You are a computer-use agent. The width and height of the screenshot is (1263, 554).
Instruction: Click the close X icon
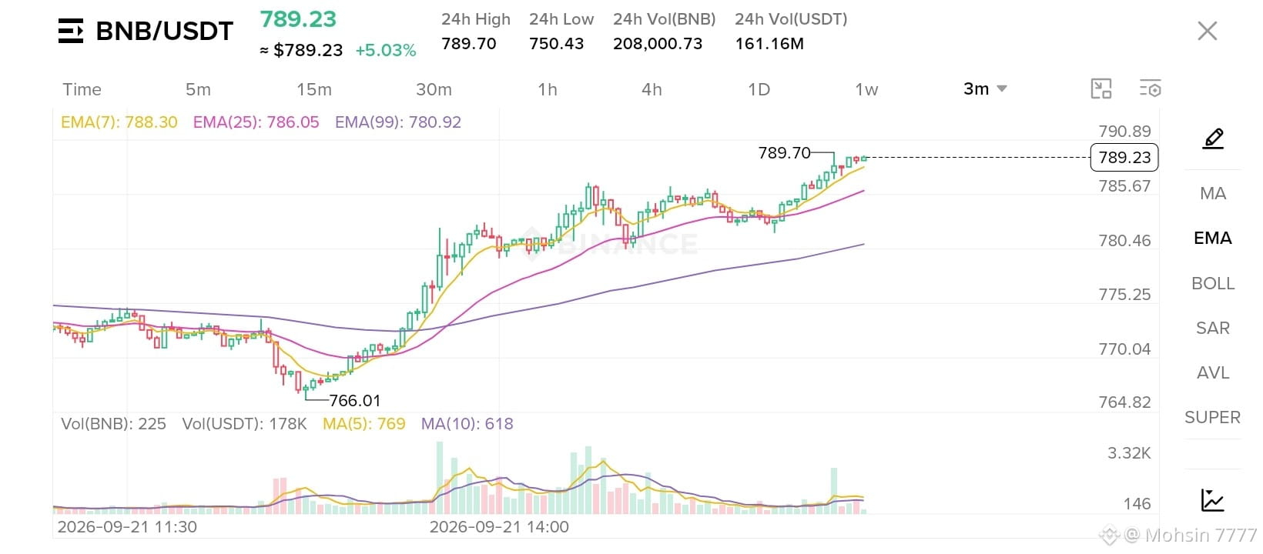click(x=1208, y=31)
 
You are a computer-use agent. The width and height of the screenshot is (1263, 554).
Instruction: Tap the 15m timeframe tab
click(x=314, y=89)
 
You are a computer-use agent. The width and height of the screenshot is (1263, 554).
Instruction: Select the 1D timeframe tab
click(x=759, y=89)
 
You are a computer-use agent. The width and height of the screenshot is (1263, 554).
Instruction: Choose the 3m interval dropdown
click(x=984, y=89)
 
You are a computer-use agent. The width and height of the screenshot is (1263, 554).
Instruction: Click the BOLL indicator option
click(x=1213, y=283)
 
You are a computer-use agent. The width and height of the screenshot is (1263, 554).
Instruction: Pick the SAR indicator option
click(x=1213, y=328)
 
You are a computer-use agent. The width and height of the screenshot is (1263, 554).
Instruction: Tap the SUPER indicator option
click(x=1212, y=418)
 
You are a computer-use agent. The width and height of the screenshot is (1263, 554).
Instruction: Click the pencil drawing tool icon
click(x=1213, y=138)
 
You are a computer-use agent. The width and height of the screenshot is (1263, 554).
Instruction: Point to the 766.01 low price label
click(x=355, y=401)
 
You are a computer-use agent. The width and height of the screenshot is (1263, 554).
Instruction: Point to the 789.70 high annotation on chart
click(x=784, y=152)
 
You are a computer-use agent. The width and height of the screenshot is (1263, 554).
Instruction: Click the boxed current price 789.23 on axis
click(x=1124, y=157)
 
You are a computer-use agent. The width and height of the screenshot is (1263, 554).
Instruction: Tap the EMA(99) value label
click(x=398, y=122)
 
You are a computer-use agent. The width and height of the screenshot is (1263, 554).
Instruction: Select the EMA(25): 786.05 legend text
click(x=256, y=122)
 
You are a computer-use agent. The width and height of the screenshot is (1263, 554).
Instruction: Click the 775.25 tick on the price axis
click(x=1124, y=295)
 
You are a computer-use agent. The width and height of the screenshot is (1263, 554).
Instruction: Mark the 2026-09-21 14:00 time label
click(x=499, y=527)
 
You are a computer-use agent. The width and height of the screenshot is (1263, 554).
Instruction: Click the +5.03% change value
click(x=386, y=50)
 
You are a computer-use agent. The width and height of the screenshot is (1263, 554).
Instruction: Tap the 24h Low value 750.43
click(x=556, y=43)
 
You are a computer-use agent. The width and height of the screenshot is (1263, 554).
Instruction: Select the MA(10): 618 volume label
click(x=467, y=424)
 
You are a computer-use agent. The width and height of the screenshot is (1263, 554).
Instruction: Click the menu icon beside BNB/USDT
click(x=71, y=31)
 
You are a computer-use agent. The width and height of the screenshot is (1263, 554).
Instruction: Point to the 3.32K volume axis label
click(x=1129, y=453)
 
